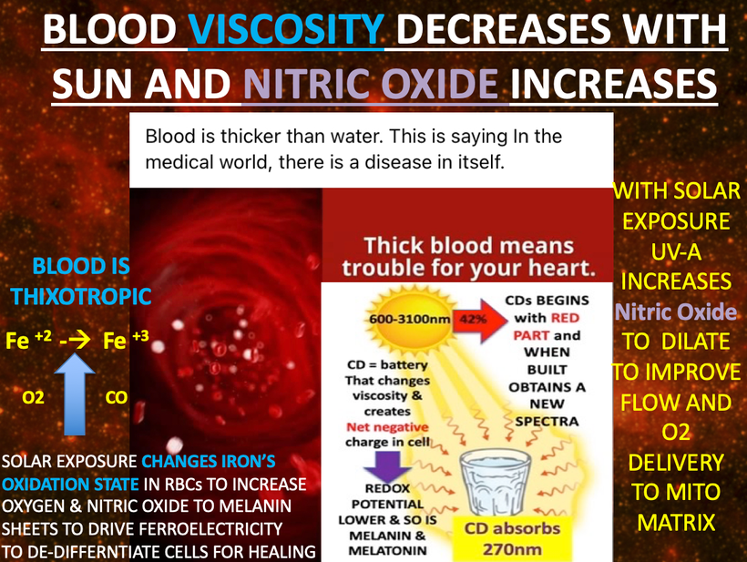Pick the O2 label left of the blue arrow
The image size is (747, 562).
34,398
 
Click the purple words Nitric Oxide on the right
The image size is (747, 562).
674,312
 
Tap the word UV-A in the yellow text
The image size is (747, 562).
676,251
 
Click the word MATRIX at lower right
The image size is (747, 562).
674,523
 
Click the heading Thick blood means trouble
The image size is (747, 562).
468,257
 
